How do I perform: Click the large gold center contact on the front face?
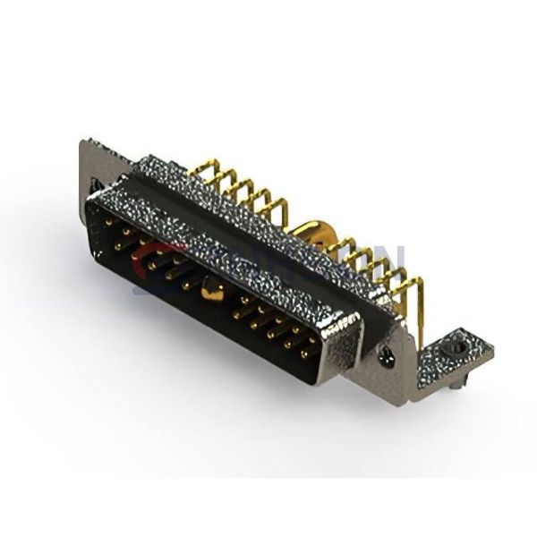tap(211, 289)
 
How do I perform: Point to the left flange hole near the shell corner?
tap(94, 187)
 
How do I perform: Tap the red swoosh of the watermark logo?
tap(148, 260)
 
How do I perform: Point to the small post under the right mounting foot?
tap(459, 381)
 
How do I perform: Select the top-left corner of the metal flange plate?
tap(83, 143)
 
